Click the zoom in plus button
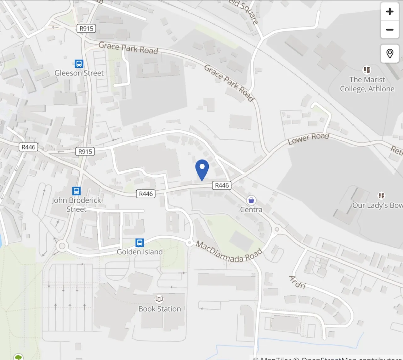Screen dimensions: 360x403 (x=390, y=12)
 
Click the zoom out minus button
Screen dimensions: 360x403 (x=390, y=30)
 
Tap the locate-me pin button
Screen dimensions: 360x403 (x=390, y=53)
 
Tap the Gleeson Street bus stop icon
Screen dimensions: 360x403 (x=79, y=64)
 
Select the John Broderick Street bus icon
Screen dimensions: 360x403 (x=77, y=191)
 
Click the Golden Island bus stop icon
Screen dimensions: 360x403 (x=140, y=243)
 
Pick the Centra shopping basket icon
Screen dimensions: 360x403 (x=251, y=200)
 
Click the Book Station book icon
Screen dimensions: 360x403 (x=159, y=299)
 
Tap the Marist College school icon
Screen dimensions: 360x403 (x=367, y=70)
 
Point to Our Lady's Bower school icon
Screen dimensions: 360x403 (x=382, y=196)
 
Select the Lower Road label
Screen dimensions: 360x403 (x=309, y=138)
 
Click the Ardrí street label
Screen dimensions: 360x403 (x=297, y=282)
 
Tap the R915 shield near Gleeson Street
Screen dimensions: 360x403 (x=86, y=29)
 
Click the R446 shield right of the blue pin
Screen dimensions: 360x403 (x=222, y=185)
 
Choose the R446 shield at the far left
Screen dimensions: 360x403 (x=28, y=147)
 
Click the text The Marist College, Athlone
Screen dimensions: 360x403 (x=367, y=84)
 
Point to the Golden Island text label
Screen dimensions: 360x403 (x=140, y=252)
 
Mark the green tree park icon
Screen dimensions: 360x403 (x=19, y=357)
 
